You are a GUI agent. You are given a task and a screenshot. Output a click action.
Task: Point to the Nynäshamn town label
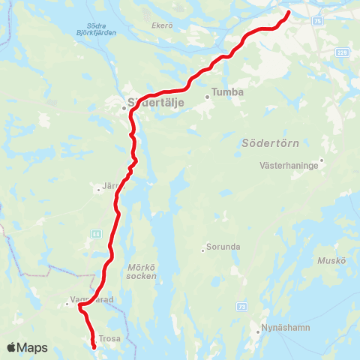[280, 328]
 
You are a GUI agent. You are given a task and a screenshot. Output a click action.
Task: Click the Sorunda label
[222, 250]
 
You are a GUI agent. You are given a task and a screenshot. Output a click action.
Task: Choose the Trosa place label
[108, 337]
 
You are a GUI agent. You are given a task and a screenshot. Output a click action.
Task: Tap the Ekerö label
[163, 25]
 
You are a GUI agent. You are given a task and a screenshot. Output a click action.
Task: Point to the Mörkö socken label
[142, 271]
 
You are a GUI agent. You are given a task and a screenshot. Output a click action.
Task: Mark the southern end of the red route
[94, 346]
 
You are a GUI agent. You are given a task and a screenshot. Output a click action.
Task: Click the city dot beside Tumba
[206, 97]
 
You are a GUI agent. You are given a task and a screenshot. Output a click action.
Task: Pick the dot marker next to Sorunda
[202, 250]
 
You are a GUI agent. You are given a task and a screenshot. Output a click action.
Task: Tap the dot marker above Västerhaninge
[322, 159]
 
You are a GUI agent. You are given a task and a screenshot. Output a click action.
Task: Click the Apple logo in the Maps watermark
[12, 347]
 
